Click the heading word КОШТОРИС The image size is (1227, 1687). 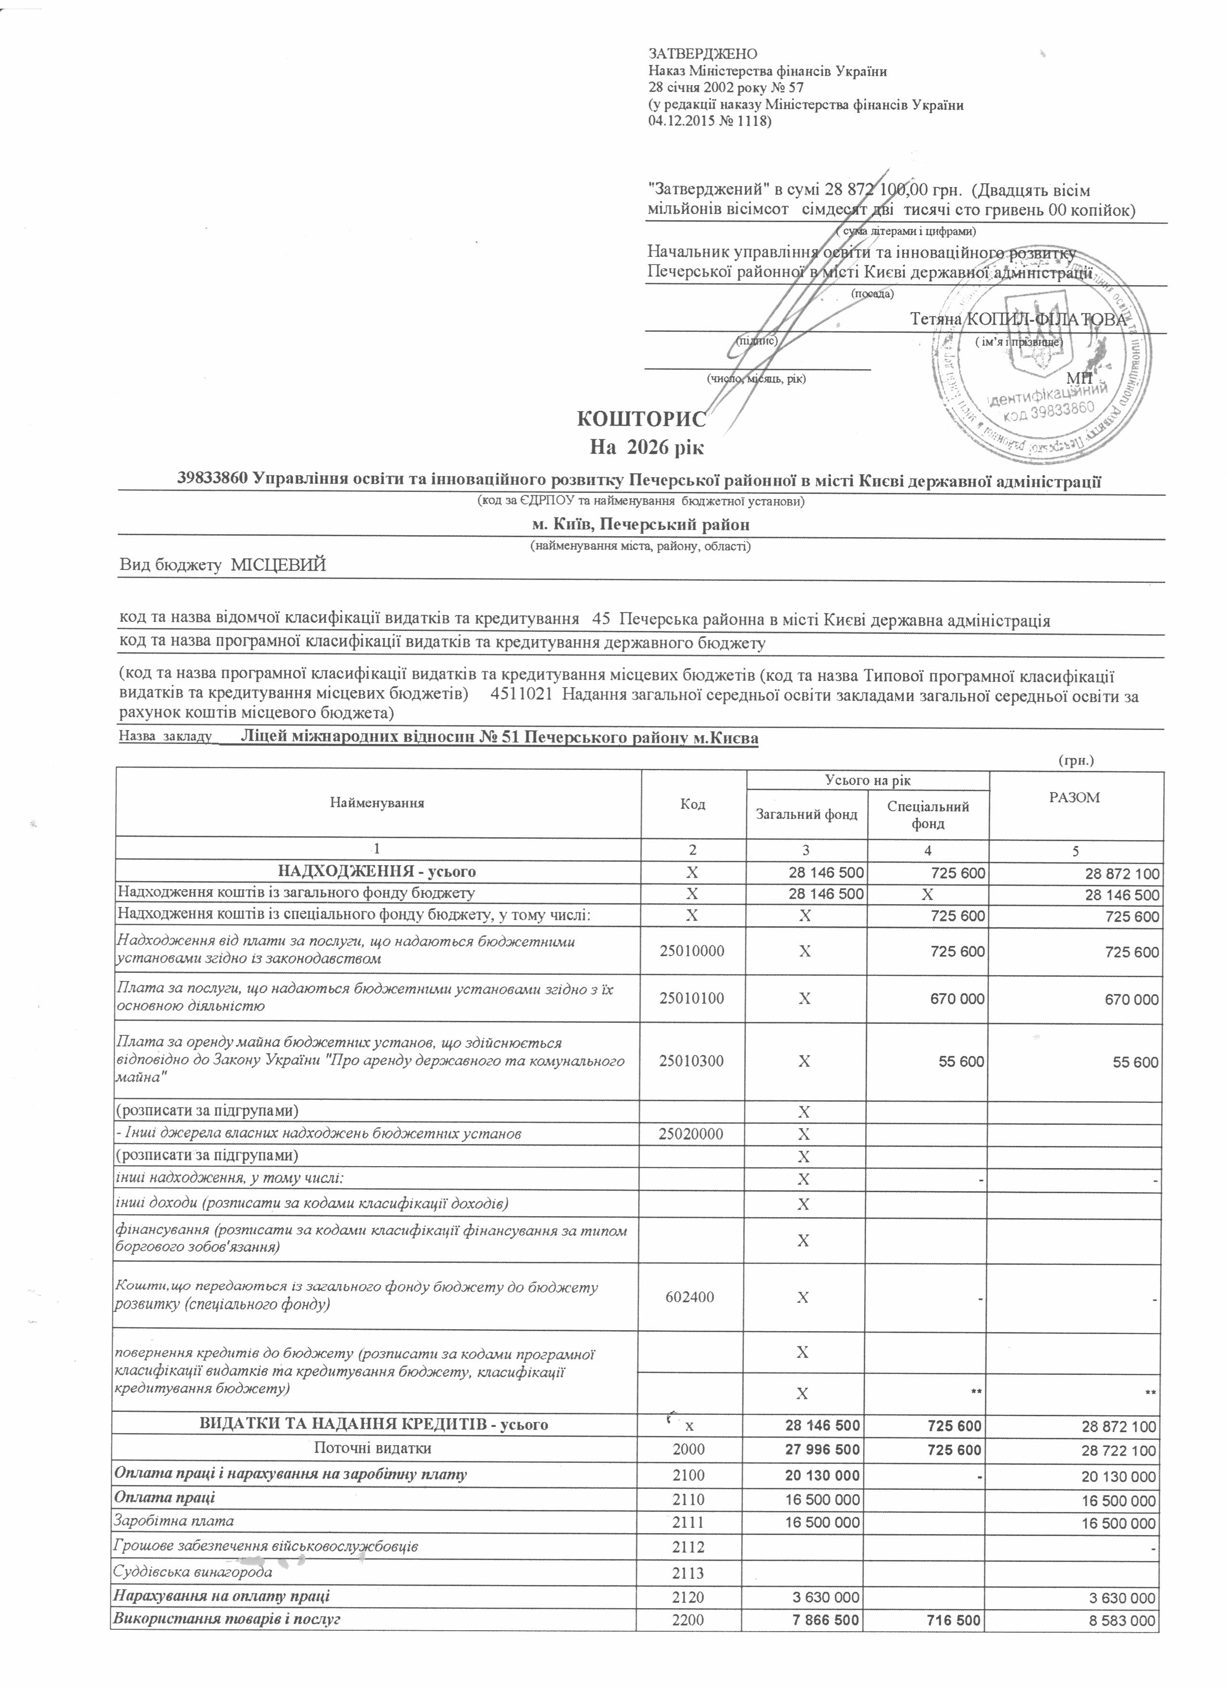641,419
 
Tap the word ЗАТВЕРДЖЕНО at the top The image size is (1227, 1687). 703,53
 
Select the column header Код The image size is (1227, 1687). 693,804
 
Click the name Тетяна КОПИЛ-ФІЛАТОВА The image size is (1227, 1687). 1018,320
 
